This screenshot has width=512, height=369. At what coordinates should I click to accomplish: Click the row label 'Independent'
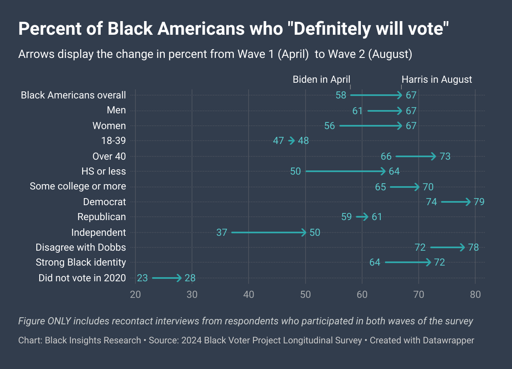tap(98, 232)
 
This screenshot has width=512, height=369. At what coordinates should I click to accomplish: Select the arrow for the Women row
tap(370, 126)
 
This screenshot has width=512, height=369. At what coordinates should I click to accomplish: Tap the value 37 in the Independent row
tap(222, 232)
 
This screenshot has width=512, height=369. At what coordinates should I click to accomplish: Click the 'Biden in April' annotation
tap(321, 79)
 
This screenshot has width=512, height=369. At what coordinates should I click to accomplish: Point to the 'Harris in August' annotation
tap(437, 79)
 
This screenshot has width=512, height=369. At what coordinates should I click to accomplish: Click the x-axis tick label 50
tap(306, 295)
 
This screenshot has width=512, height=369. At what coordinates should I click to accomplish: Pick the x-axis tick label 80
tap(475, 295)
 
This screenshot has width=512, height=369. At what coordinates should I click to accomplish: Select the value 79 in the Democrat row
tap(479, 202)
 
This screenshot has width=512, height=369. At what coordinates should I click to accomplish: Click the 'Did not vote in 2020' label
tap(82, 278)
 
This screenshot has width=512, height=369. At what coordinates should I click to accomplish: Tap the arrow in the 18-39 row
tap(292, 141)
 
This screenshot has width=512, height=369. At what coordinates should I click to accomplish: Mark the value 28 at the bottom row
tap(190, 278)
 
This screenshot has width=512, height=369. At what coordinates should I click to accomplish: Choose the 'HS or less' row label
tap(104, 171)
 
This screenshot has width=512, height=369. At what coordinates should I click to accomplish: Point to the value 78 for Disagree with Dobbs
tap(473, 247)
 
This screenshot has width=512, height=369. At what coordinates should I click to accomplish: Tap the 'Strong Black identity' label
tap(81, 262)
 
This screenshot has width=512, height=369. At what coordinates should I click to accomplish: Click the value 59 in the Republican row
tap(347, 217)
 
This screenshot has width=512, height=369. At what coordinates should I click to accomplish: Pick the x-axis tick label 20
tap(135, 295)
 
